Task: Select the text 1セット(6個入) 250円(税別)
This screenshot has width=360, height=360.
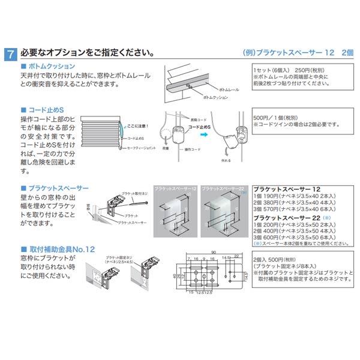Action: (x=287, y=70)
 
